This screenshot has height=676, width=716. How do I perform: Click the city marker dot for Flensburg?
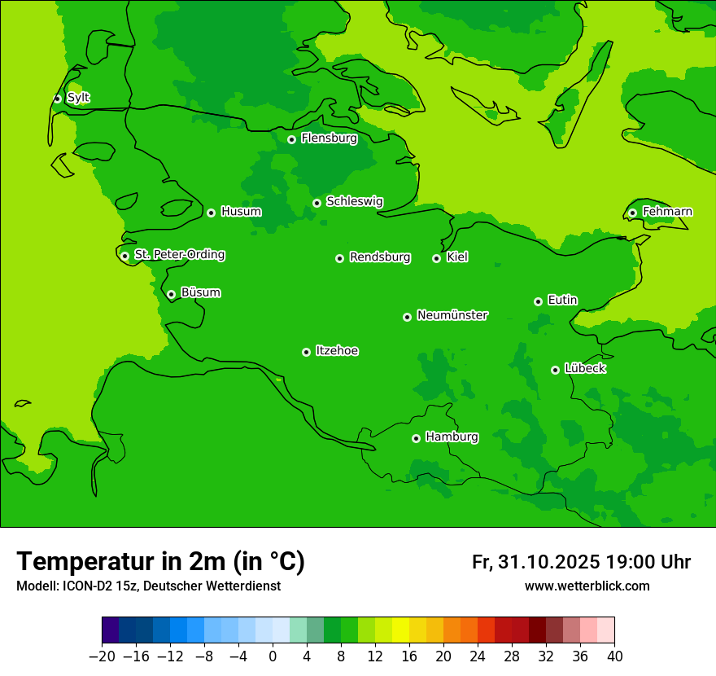click(291, 139)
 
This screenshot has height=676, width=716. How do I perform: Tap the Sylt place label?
click(78, 98)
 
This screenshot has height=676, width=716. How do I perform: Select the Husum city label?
click(241, 212)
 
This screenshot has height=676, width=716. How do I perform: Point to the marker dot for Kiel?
click(436, 258)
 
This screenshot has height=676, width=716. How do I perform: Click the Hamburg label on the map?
click(452, 437)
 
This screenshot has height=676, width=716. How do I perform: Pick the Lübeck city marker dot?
click(555, 370)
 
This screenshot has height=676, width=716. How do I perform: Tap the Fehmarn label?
click(667, 212)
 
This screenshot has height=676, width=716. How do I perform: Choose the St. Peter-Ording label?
click(179, 255)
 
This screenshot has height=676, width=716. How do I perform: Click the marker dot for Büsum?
click(171, 294)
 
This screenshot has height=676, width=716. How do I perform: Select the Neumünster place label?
click(452, 315)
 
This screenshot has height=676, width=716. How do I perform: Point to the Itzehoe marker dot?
click(306, 352)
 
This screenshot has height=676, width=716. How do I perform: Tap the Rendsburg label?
click(380, 257)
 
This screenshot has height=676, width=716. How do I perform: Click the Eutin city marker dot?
click(538, 301)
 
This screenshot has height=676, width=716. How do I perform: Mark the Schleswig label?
click(354, 201)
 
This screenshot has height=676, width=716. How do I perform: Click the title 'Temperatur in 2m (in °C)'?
click(160, 561)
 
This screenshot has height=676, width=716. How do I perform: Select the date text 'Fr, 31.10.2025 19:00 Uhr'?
click(581, 562)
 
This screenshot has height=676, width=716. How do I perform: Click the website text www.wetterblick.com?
click(587, 586)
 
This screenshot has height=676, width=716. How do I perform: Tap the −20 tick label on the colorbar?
click(101, 656)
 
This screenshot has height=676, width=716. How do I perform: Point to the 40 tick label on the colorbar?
click(614, 656)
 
